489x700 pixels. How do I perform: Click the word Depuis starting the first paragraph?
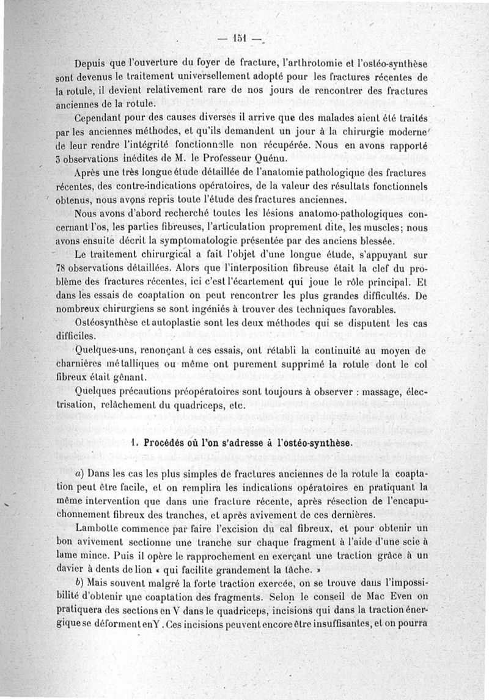coord(91,65)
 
